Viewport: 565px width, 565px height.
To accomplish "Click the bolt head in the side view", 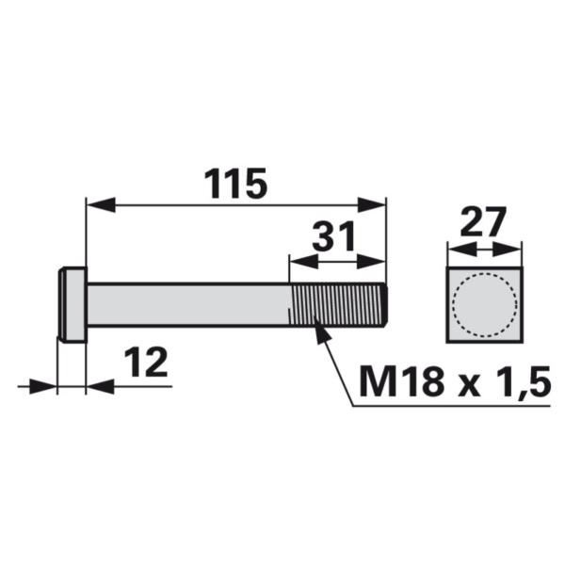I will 73,304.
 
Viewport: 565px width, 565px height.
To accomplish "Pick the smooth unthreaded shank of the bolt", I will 188,304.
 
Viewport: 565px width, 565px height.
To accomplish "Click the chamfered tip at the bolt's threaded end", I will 382,304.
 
